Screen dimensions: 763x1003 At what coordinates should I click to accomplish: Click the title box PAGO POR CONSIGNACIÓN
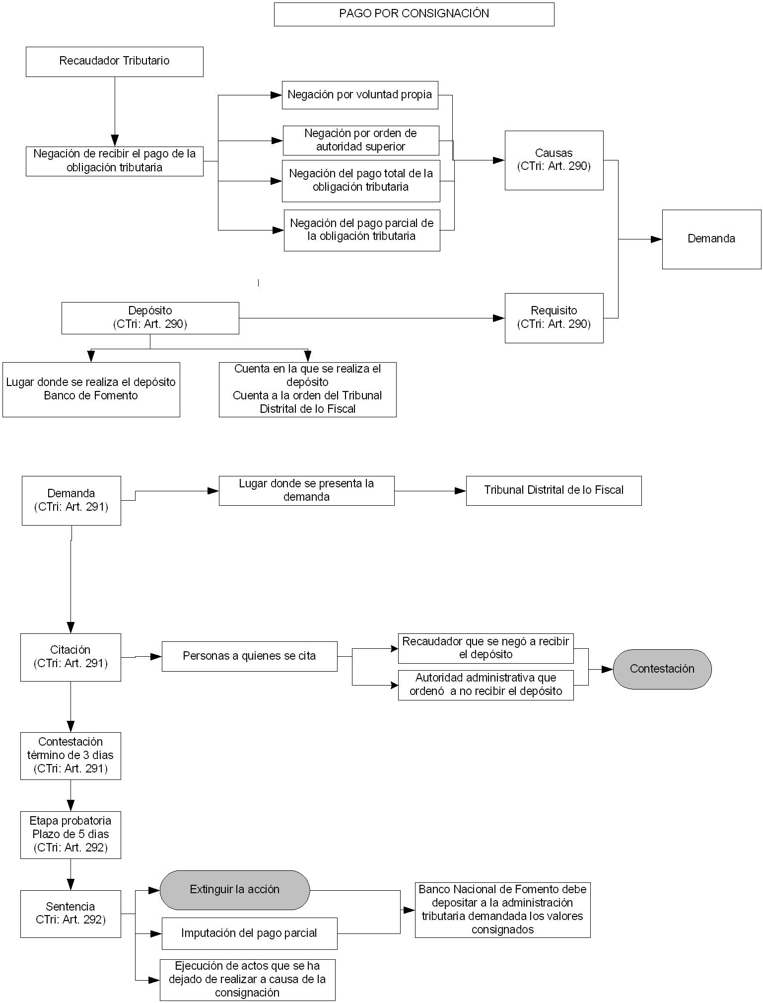coord(414,14)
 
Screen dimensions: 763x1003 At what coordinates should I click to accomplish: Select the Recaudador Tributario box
coord(115,62)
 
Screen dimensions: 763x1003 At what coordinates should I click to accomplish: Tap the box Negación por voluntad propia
coord(360,95)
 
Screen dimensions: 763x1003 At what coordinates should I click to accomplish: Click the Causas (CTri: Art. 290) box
coord(554,160)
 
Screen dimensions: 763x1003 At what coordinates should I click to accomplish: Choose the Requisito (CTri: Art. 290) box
coord(554,318)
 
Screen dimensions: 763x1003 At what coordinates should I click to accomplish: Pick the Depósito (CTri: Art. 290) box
coord(150,318)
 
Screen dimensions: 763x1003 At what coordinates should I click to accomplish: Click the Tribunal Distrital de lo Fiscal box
coord(554,491)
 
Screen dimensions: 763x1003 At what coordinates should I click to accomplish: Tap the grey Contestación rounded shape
coord(662,669)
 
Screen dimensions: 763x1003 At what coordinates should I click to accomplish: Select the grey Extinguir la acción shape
coord(235,890)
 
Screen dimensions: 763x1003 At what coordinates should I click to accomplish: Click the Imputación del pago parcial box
coord(249,933)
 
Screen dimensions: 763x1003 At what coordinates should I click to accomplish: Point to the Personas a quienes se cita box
coord(249,656)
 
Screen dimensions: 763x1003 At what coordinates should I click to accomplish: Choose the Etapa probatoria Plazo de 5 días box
coord(70,835)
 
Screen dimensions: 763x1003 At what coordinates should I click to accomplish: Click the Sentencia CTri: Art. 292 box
coord(70,914)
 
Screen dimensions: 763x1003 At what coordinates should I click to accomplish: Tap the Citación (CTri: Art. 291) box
coord(70,657)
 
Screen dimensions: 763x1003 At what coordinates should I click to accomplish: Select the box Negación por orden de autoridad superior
coord(361,141)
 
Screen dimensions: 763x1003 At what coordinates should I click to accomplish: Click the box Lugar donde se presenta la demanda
coord(307,491)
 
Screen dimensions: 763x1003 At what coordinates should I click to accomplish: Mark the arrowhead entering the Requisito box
coord(499,318)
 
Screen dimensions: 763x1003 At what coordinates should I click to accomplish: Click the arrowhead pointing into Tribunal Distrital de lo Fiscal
coord(460,491)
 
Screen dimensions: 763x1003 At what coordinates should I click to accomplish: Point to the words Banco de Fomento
coord(91,396)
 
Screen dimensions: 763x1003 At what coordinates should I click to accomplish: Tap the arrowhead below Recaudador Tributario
coord(115,140)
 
